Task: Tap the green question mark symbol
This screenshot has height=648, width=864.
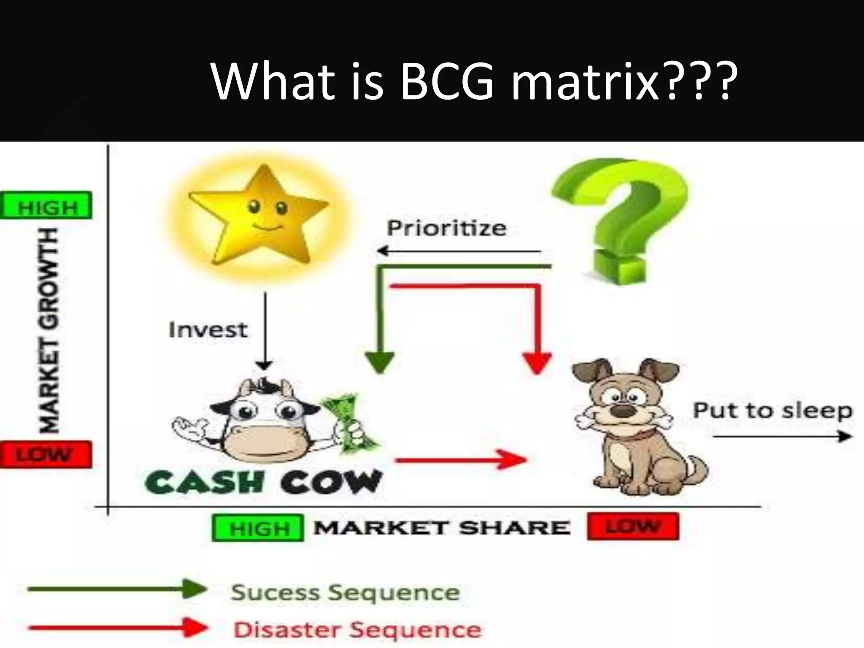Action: click(x=620, y=219)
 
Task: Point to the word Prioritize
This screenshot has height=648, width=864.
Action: click(x=446, y=229)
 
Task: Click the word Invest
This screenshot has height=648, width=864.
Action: click(x=208, y=330)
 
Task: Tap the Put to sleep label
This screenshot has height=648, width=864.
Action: click(x=772, y=411)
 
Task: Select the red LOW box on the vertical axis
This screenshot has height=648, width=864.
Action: click(x=46, y=455)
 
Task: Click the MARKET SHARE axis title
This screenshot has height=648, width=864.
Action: click(x=442, y=528)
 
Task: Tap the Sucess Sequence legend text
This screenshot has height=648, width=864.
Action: click(x=345, y=592)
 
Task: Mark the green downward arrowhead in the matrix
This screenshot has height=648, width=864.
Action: click(x=380, y=362)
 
